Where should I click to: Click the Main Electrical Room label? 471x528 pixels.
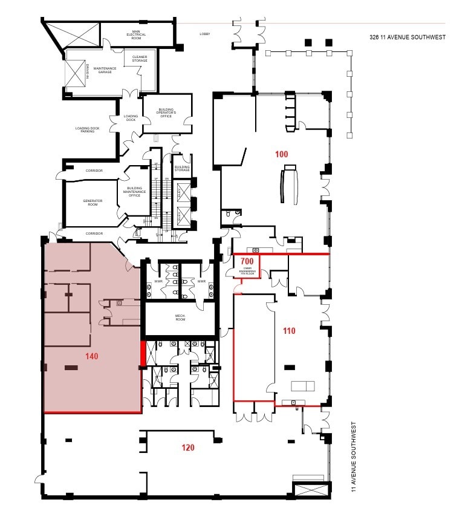(136, 34)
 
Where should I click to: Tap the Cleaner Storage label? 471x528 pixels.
(140, 59)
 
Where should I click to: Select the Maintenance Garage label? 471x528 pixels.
(105, 70)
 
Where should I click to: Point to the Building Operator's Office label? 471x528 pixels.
(166, 112)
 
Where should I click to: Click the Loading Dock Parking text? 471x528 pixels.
(89, 130)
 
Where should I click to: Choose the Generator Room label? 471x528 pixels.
(93, 203)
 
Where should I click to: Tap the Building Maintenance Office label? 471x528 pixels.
(134, 191)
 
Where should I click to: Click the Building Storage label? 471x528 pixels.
(182, 168)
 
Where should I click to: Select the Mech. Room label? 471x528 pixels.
(180, 318)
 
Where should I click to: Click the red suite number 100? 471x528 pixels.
(281, 154)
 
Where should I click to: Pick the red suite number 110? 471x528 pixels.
(289, 331)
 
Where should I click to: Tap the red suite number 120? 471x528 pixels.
(188, 448)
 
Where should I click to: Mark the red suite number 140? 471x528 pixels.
(92, 356)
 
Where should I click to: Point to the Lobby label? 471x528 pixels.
(205, 34)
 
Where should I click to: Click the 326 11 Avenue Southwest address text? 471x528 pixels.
(407, 37)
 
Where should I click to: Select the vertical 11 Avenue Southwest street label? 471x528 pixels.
(354, 457)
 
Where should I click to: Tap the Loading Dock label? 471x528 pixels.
(131, 118)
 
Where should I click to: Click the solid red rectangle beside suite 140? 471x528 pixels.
(143, 354)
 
